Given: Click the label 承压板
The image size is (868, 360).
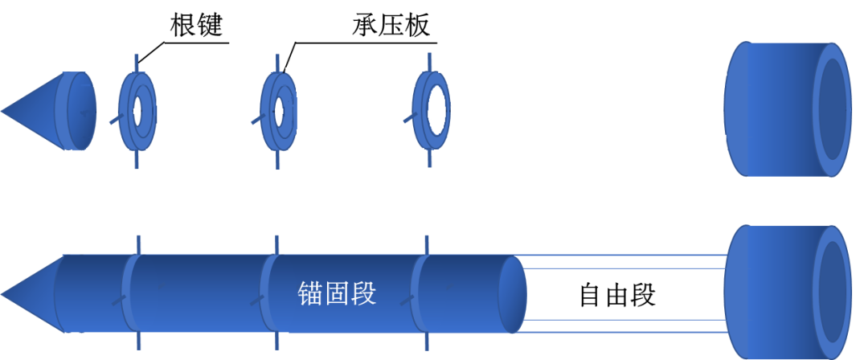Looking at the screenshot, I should pos(392,26).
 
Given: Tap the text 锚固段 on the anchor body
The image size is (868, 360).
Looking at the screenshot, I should pos(337,294).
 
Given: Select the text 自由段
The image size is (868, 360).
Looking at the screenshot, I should pos(617,295).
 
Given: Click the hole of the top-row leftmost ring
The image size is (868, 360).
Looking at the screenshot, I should pos(144,112).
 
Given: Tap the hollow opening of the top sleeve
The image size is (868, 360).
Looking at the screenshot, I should pos(832,110).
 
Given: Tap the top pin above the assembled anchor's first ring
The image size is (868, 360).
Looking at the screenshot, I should pos(138,245).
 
